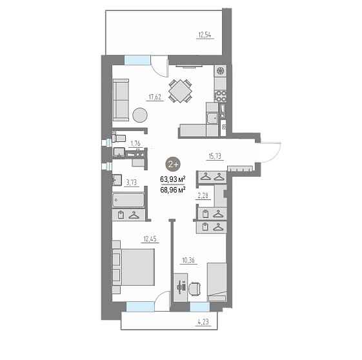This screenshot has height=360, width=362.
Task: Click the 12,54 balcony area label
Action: (205, 35)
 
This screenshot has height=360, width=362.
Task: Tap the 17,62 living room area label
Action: (155, 97)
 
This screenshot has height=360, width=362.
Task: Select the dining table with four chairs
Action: (180, 91)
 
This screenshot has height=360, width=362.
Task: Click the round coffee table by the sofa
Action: (140, 115)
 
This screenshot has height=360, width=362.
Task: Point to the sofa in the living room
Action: (121, 100)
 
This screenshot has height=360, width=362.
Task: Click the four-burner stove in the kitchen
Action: (221, 96)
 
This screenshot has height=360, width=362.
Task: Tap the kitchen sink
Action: (212, 119)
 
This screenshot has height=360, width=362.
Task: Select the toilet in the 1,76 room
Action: (119, 138)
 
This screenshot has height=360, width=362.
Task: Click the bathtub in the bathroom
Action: (128, 200)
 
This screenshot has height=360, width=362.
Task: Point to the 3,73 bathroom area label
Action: (132, 183)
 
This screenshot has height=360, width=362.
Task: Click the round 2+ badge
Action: (173, 165)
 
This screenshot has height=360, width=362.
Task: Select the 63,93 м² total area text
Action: (173, 179)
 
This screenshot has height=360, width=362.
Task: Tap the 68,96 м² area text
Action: (173, 190)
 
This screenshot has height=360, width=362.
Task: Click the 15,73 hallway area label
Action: (215, 156)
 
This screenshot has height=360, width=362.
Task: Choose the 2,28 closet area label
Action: (203, 195)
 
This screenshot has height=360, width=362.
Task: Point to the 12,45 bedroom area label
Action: (150, 239)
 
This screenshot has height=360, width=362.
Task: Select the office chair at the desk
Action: (194, 288)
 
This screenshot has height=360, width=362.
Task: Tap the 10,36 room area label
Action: (188, 261)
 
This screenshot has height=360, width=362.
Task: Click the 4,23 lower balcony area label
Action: (203, 322)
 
